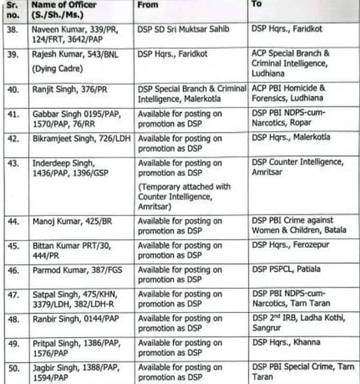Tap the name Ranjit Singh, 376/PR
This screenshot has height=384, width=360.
tap(69, 90)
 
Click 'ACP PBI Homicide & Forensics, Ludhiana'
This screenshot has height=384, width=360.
tap(289, 94)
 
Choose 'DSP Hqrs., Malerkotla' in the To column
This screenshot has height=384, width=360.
tap(291, 138)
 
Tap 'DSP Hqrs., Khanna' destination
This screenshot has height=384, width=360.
tap(286, 343)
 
